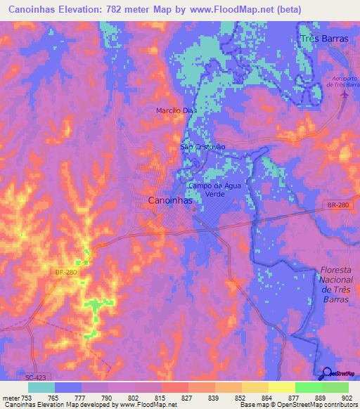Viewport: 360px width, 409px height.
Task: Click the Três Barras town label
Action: pyautogui.click(x=324, y=39)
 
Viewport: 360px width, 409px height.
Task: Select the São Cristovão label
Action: pyautogui.click(x=202, y=147)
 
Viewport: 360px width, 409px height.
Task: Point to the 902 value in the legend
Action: pyautogui.click(x=348, y=397)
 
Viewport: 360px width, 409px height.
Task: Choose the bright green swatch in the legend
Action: pyautogui.click(x=308, y=387)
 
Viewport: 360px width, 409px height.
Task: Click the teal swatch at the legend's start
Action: pyautogui.click(x=41, y=387)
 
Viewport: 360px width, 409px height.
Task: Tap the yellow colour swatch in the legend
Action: pyautogui.click(x=281, y=387)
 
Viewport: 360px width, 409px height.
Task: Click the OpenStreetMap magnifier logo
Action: pyautogui.click(x=328, y=373)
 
